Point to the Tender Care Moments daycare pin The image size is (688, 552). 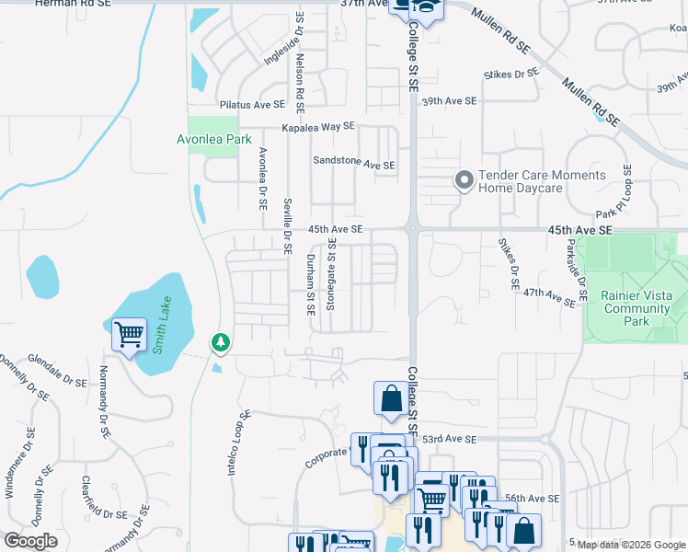(464, 181)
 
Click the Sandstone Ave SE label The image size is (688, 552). (353, 164)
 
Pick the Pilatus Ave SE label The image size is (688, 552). (252, 106)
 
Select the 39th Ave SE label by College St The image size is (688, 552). (450, 100)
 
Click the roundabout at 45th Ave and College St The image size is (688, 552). (411, 228)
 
